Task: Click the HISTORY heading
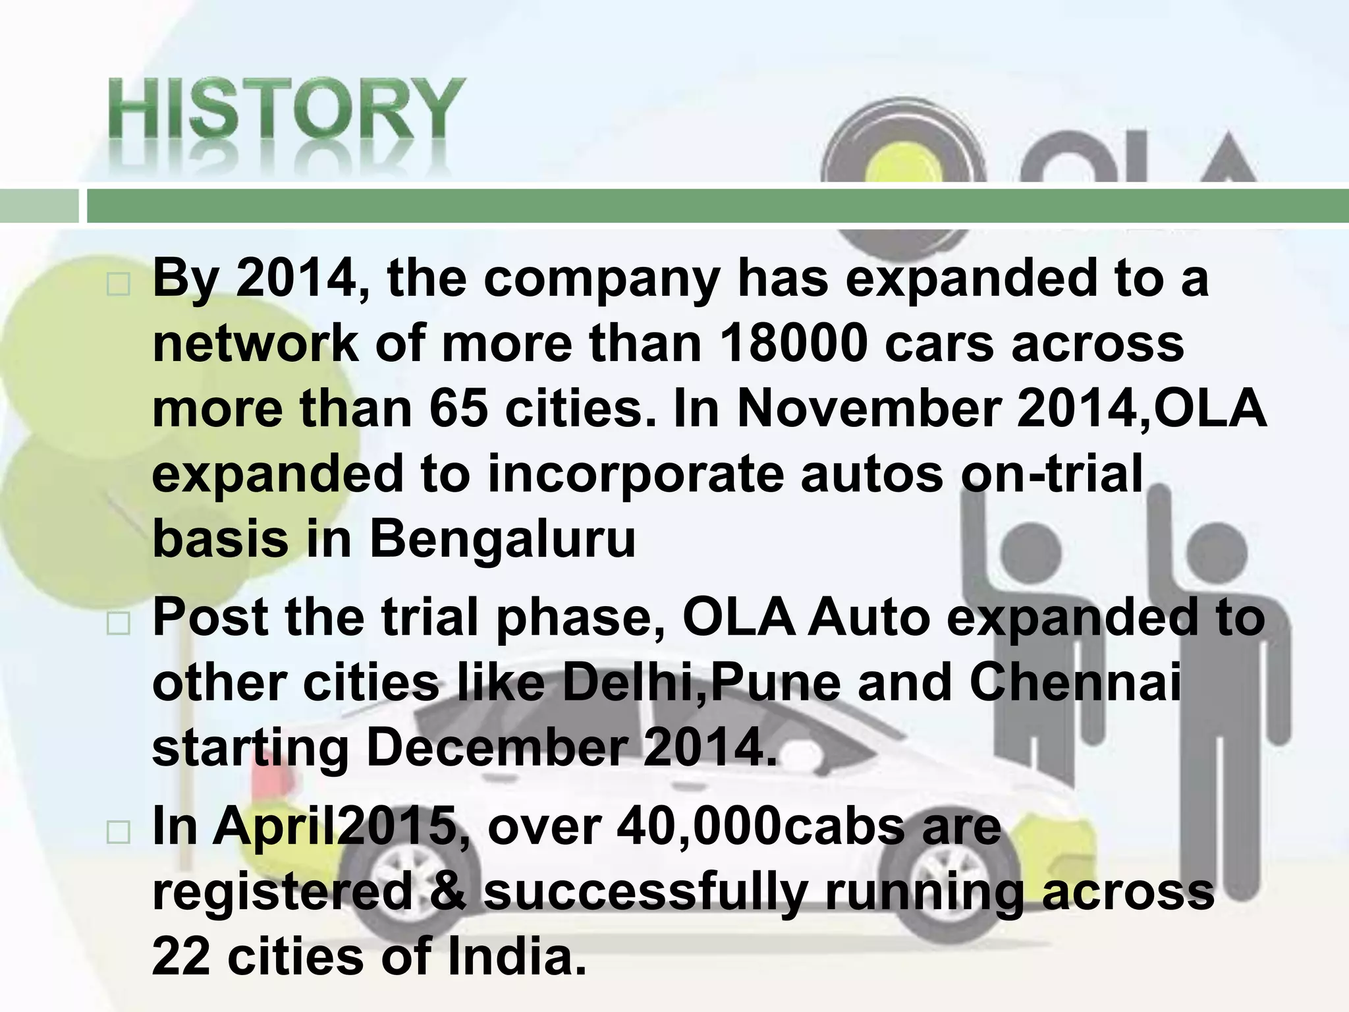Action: (x=287, y=109)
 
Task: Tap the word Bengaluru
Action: (x=503, y=540)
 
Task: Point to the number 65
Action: (x=458, y=409)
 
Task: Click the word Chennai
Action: (x=1076, y=683)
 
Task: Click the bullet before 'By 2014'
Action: (x=118, y=285)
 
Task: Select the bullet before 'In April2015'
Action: (x=118, y=833)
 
